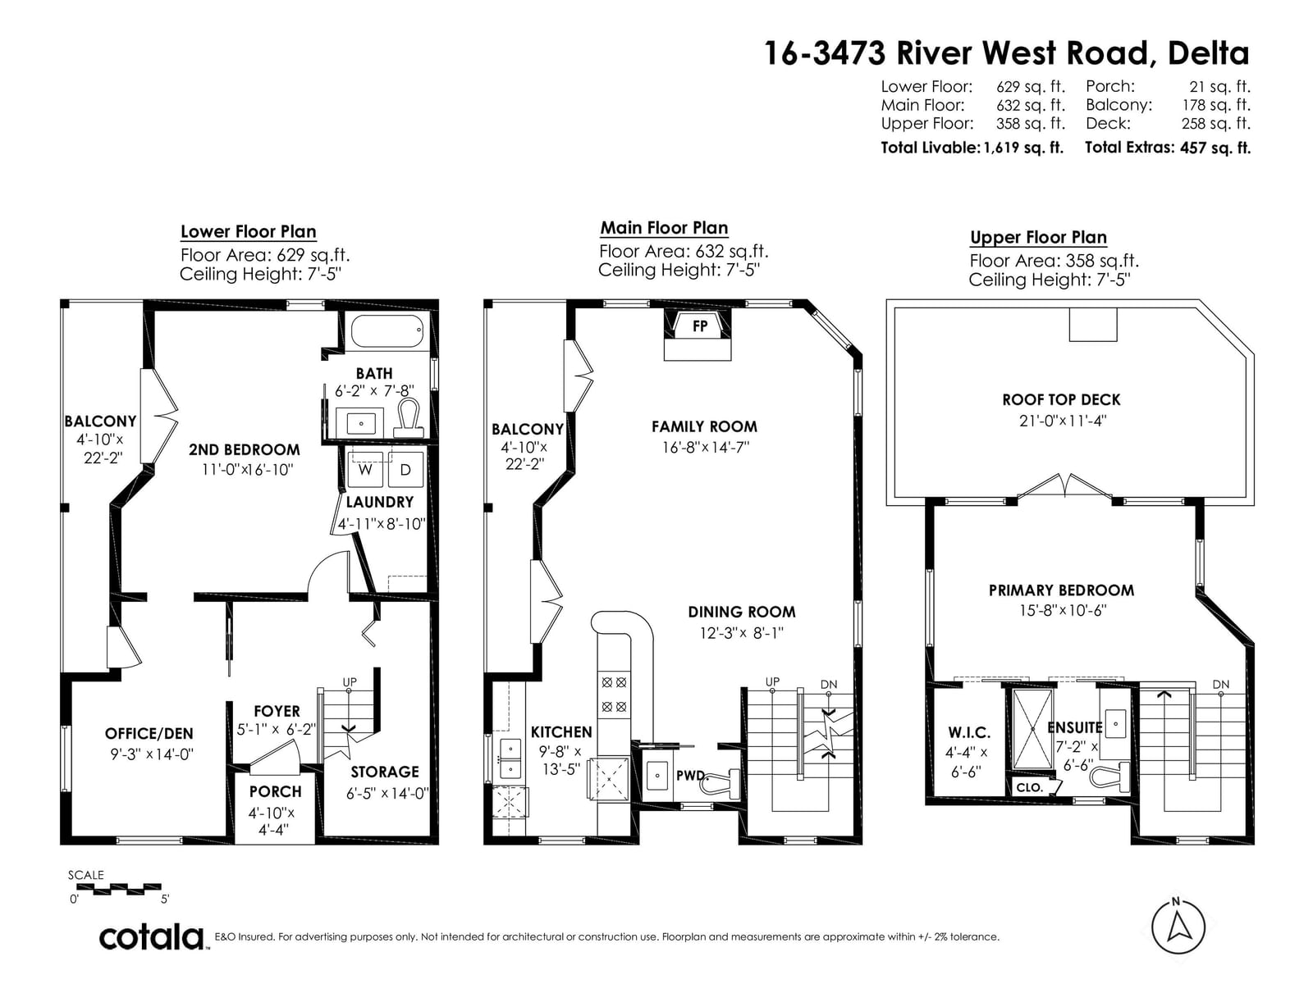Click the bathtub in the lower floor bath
(x=389, y=330)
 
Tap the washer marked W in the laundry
(x=365, y=469)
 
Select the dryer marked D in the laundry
(x=405, y=469)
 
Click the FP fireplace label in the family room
(x=700, y=326)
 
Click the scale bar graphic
(x=118, y=887)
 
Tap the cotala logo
(x=151, y=936)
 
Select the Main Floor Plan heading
(x=664, y=228)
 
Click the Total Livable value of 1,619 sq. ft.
(x=1023, y=148)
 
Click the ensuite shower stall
(x=1032, y=728)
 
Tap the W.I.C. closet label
(x=969, y=732)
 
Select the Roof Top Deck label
(x=1061, y=399)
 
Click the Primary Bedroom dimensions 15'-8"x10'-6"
(x=1063, y=611)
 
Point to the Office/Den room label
(x=149, y=734)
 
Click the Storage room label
(x=385, y=772)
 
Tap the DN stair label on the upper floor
(x=1221, y=684)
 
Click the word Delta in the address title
(x=1208, y=53)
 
